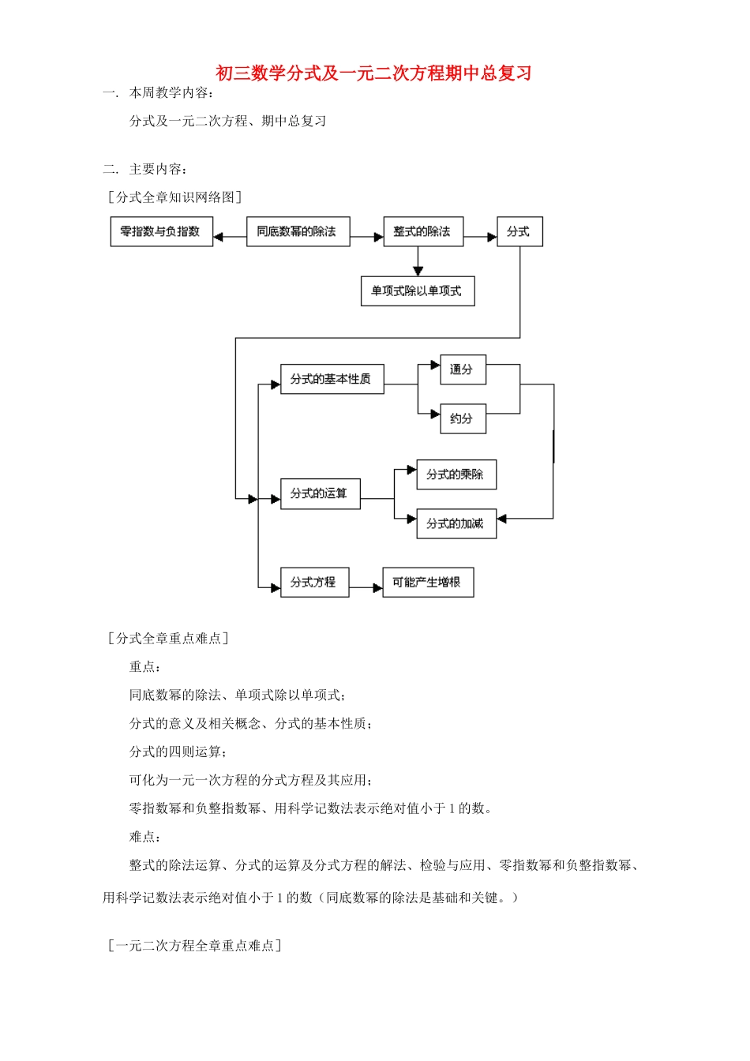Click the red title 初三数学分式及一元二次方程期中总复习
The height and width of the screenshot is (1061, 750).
point(373,73)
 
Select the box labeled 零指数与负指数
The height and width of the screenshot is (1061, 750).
point(161,232)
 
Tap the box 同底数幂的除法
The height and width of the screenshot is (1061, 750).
point(298,232)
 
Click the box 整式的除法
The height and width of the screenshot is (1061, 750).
point(423,232)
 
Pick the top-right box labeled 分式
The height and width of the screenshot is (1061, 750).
point(519,232)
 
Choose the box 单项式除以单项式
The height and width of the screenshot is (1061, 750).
point(417,291)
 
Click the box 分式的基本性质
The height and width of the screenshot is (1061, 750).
point(332,379)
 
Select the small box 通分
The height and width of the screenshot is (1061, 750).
point(463,369)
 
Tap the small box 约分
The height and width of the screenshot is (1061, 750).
point(463,419)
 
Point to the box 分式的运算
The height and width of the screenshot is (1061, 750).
point(320,493)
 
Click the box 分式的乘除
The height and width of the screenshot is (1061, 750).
point(456,474)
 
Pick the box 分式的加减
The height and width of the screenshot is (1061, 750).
point(456,523)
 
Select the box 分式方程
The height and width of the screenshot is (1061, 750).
point(313,583)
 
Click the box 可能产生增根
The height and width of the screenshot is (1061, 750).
point(427,583)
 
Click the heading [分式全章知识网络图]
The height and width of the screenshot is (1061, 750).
point(174,197)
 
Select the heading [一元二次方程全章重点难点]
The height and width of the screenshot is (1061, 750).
point(194,946)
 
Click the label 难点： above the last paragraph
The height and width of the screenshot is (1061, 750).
point(144,837)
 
